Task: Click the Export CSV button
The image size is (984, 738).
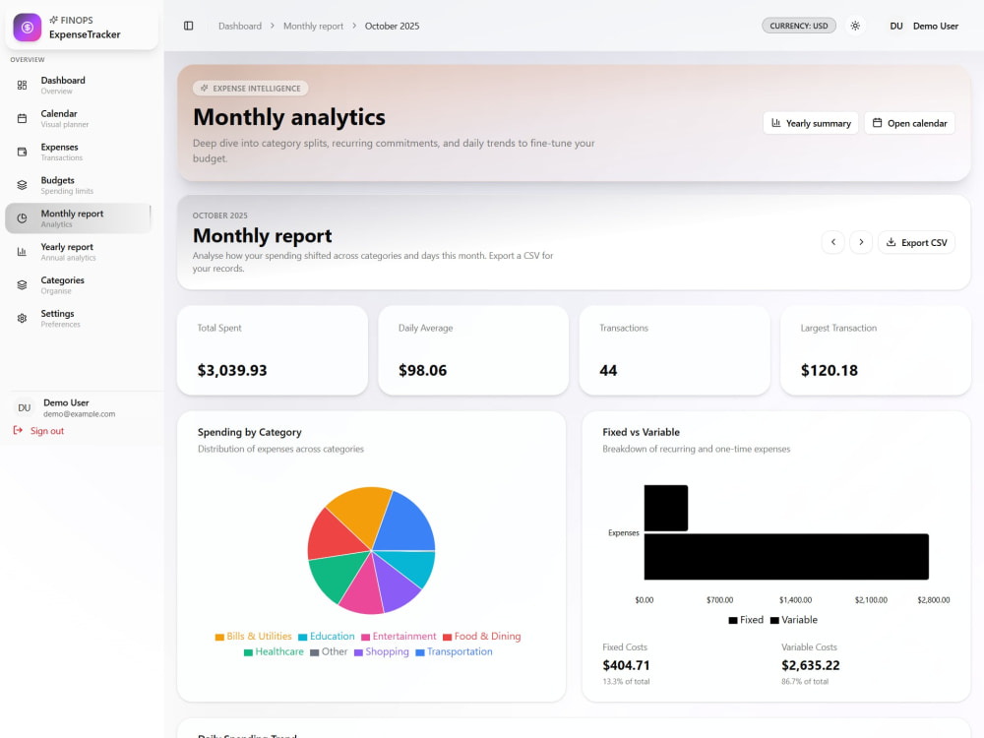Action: tap(916, 242)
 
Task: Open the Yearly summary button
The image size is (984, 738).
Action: tap(810, 123)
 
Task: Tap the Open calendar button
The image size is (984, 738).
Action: tap(909, 123)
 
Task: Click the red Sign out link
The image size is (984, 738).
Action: tap(39, 431)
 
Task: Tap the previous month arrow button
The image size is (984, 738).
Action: tap(832, 242)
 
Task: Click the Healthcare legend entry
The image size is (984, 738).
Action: tap(274, 651)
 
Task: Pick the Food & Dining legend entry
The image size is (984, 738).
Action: tap(482, 636)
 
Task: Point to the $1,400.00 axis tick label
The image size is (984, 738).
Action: tap(795, 600)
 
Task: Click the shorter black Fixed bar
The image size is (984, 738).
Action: tap(666, 509)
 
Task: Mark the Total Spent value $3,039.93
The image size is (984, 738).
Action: tap(232, 370)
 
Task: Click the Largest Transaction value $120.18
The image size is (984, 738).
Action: tap(829, 370)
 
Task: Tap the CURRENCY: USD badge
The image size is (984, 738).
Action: tap(799, 26)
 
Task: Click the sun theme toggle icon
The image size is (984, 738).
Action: tap(855, 26)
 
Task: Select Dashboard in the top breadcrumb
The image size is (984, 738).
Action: tap(240, 26)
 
